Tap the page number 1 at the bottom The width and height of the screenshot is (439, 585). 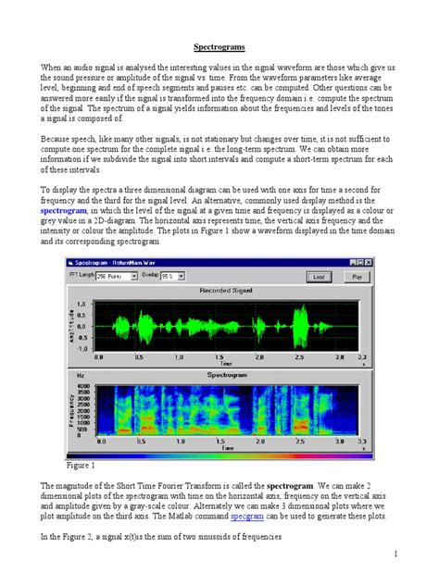tap(395, 554)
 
